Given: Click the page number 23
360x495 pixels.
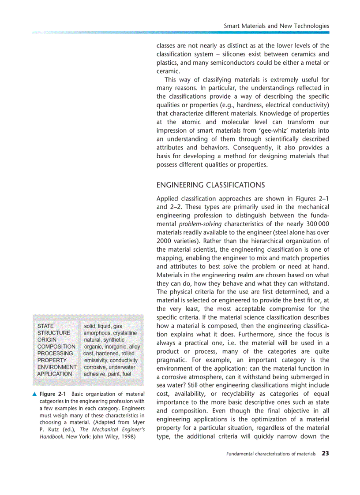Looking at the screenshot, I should click(x=325, y=453).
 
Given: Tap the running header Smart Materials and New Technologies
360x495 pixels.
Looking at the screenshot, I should click(x=276, y=26).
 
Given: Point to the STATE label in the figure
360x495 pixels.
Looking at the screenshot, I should click(x=45, y=326).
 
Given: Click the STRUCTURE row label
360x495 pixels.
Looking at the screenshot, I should click(x=53, y=333).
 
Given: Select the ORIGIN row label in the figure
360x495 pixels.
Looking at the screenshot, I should click(x=47, y=340).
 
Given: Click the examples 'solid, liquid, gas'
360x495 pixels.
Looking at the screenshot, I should click(x=103, y=326).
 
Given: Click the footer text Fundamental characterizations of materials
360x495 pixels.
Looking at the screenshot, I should click(x=270, y=454).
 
